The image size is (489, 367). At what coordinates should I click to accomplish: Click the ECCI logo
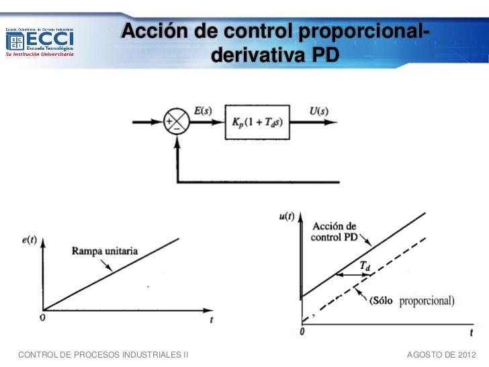[x=40, y=42]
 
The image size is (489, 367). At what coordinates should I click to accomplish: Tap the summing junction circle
[x=177, y=122]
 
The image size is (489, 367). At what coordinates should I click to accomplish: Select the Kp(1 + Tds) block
[x=258, y=122]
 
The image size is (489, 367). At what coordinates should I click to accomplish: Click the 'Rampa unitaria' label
[x=105, y=251]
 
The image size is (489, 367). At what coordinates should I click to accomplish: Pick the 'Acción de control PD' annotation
[x=333, y=231]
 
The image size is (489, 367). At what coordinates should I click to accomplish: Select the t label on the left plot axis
[x=211, y=321]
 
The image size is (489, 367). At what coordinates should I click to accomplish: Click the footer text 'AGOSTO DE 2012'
[x=441, y=354]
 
